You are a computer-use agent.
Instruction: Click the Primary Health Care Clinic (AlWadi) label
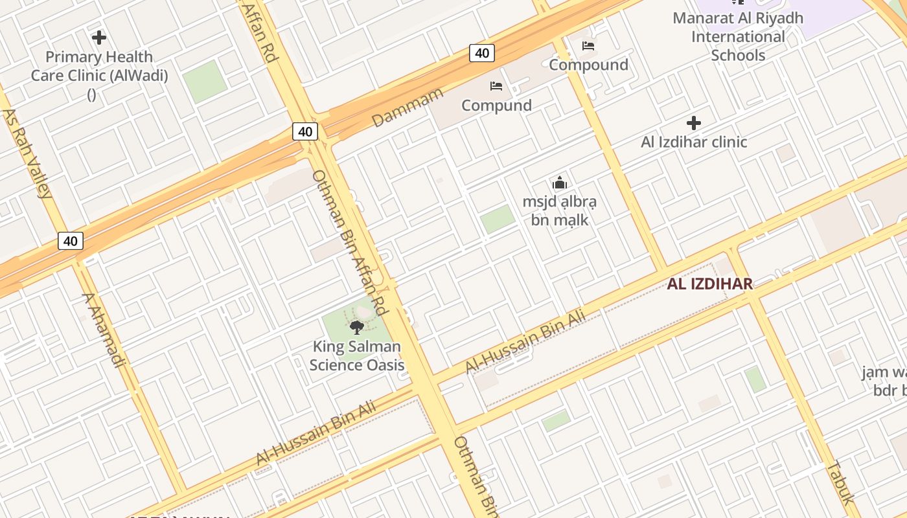(x=99, y=66)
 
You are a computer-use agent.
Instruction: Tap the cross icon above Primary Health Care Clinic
(x=99, y=38)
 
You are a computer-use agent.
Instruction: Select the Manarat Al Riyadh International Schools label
(x=738, y=36)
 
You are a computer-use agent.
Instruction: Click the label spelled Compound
(x=588, y=65)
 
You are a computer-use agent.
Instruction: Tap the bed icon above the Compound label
(x=588, y=45)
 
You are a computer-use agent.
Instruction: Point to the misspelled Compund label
(x=496, y=105)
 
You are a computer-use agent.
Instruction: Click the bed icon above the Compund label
(x=496, y=85)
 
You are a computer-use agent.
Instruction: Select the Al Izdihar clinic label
(x=694, y=142)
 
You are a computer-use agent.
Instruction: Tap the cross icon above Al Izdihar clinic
(x=694, y=122)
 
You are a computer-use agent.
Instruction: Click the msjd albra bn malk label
(x=560, y=210)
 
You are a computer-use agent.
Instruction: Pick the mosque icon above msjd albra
(x=560, y=183)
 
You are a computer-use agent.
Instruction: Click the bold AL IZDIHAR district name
(x=710, y=284)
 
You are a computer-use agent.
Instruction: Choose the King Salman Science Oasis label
(x=357, y=355)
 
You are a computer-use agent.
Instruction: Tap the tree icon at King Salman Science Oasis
(x=357, y=327)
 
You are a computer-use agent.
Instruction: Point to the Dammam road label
(x=408, y=107)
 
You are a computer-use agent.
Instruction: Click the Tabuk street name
(x=840, y=482)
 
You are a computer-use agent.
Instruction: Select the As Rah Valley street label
(x=27, y=153)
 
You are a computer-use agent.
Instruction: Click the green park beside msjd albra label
(x=498, y=219)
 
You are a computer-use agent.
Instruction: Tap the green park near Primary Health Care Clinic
(x=205, y=81)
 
